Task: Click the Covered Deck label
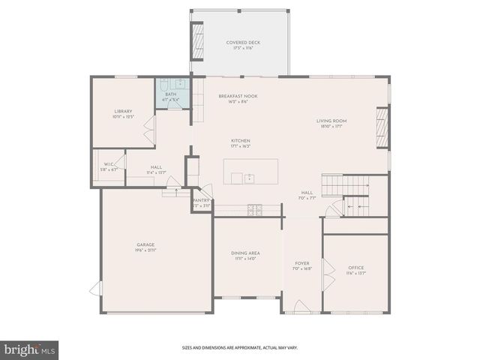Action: pyautogui.click(x=240, y=42)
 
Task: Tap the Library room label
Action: pyautogui.click(x=122, y=111)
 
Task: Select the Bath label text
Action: pyautogui.click(x=171, y=94)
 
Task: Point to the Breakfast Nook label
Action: pyautogui.click(x=233, y=96)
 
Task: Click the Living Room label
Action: pyautogui.click(x=331, y=120)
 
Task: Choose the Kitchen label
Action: pyautogui.click(x=240, y=141)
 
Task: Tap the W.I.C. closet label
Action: pyautogui.click(x=109, y=165)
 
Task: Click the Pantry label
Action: pyautogui.click(x=201, y=200)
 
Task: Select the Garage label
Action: pyautogui.click(x=145, y=244)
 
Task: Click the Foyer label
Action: pyautogui.click(x=302, y=263)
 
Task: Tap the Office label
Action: pyautogui.click(x=355, y=268)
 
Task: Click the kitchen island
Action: pyautogui.click(x=250, y=172)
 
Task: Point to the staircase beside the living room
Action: pyautogui.click(x=346, y=183)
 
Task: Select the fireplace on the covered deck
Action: pyautogui.click(x=198, y=42)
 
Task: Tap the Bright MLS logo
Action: pyautogui.click(x=30, y=349)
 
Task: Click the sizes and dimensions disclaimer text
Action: pyautogui.click(x=240, y=348)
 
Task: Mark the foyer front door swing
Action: pyautogui.click(x=300, y=307)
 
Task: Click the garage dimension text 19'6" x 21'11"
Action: pyautogui.click(x=145, y=250)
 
